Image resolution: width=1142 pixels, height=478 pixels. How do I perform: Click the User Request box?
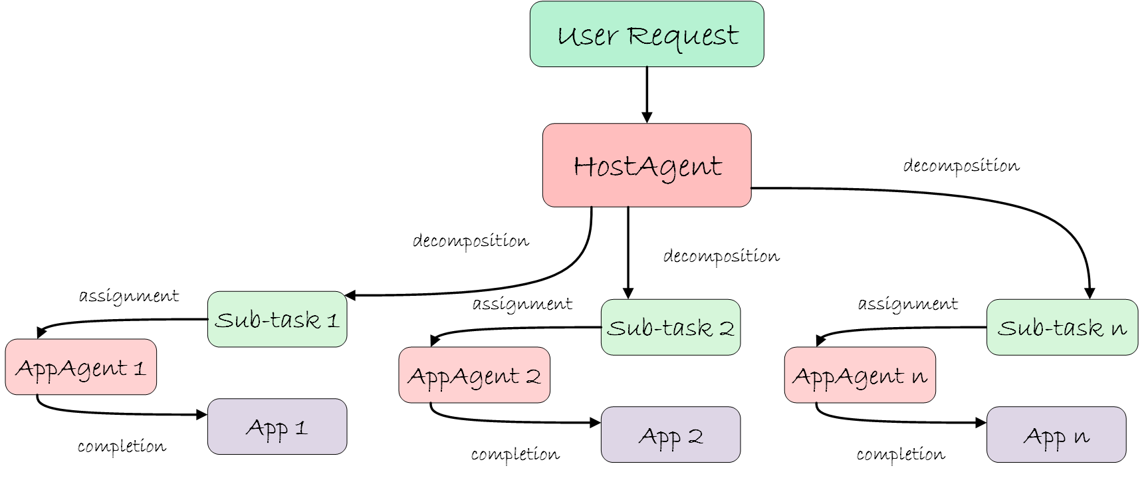[x=646, y=35]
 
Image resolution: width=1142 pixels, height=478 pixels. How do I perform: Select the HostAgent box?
[x=646, y=166]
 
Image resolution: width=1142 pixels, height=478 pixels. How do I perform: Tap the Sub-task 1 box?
[x=277, y=320]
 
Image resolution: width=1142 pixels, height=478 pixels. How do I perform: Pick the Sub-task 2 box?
[x=670, y=328]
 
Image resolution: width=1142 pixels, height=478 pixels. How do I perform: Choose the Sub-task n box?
[x=1062, y=328]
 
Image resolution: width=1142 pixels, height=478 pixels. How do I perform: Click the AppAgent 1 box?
[x=80, y=368]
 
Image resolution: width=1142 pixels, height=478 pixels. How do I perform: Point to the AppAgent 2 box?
[x=474, y=376]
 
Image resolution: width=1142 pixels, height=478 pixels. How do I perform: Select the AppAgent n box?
[x=859, y=376]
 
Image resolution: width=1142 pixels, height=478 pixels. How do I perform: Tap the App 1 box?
[x=277, y=427]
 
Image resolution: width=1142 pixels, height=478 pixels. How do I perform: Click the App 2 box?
[x=670, y=435]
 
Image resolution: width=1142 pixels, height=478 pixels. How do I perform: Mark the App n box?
[x=1056, y=435]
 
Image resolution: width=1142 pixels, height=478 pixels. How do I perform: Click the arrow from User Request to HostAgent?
[x=647, y=94]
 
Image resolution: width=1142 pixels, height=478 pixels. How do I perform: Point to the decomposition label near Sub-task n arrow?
[x=961, y=166]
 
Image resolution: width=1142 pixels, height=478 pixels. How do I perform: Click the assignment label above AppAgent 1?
[x=129, y=296]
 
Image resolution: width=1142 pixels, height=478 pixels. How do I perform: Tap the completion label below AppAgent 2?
[x=515, y=455]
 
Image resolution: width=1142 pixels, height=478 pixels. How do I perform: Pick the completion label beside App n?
[x=900, y=455]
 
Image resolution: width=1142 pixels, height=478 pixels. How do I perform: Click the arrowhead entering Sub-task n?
[x=1089, y=293]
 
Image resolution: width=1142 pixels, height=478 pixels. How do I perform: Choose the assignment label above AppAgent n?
[x=907, y=304]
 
